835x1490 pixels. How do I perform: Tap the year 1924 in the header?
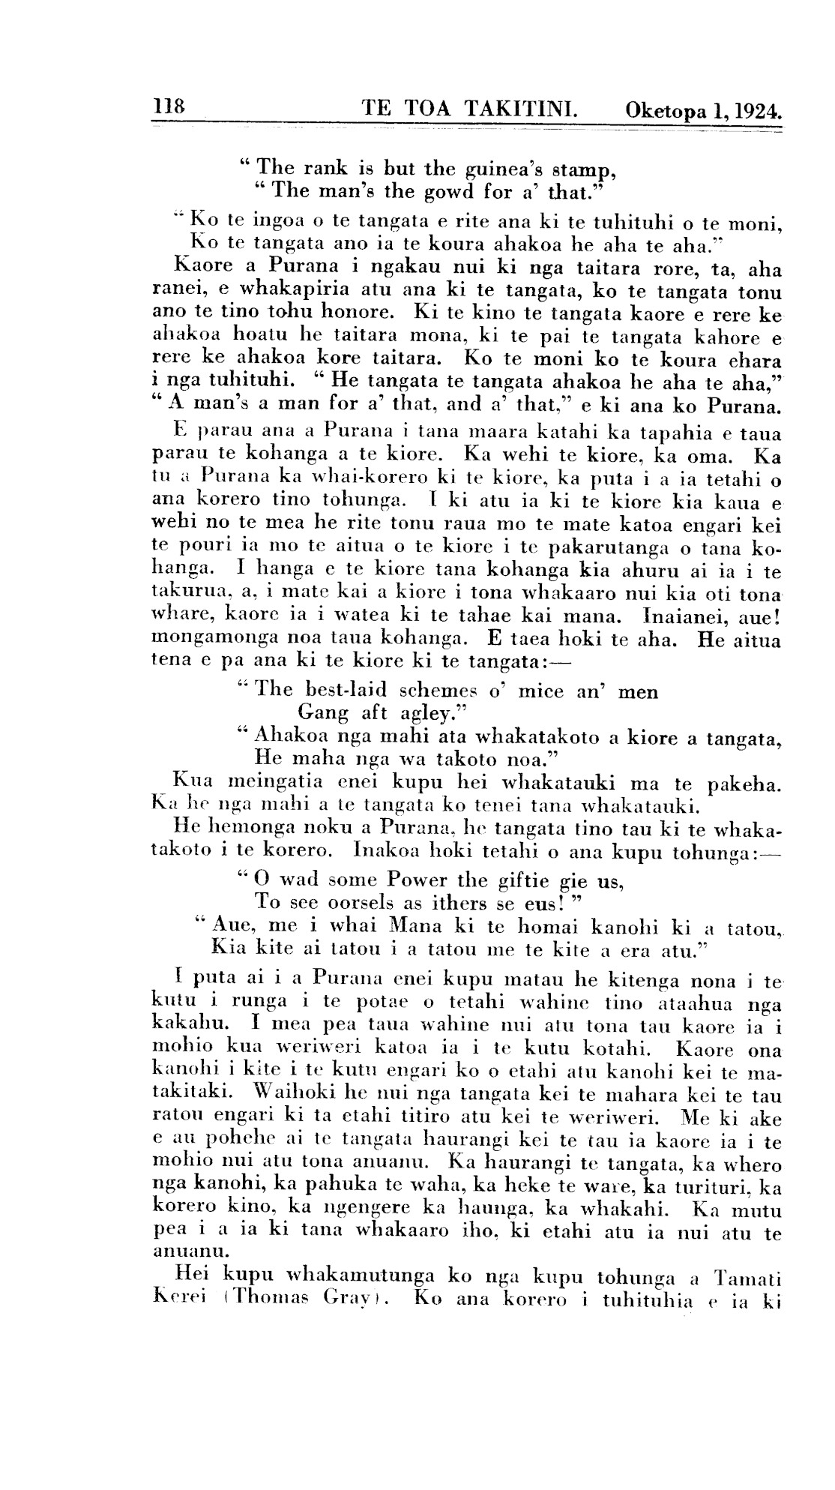point(755,112)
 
